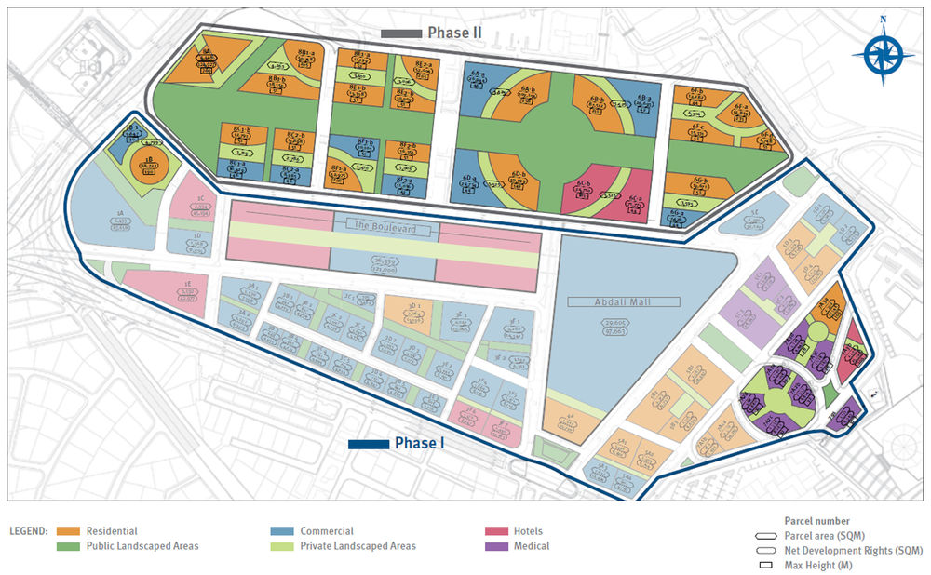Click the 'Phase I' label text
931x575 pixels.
tap(420, 444)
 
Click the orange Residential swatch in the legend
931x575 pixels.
tap(70, 531)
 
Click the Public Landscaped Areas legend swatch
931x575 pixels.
tap(70, 546)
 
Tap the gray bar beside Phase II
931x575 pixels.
tap(401, 33)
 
